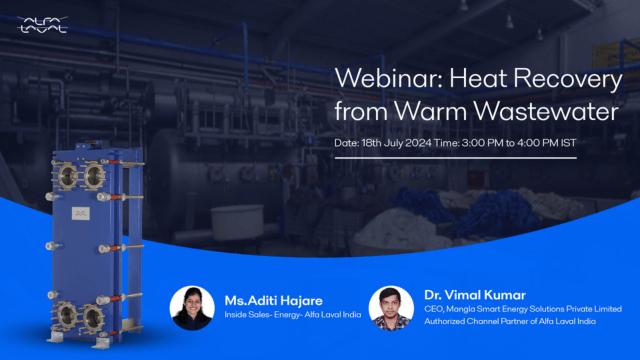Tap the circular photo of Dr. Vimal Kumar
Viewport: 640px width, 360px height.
pos(391,309)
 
